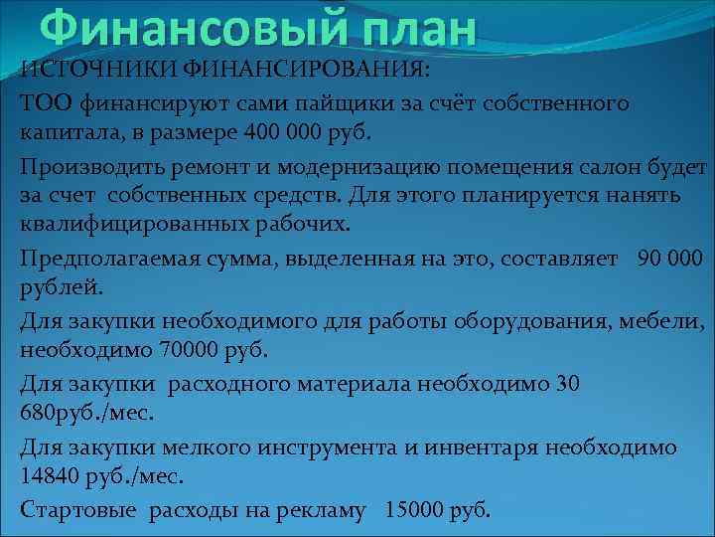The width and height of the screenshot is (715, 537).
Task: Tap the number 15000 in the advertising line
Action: click(x=414, y=509)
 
